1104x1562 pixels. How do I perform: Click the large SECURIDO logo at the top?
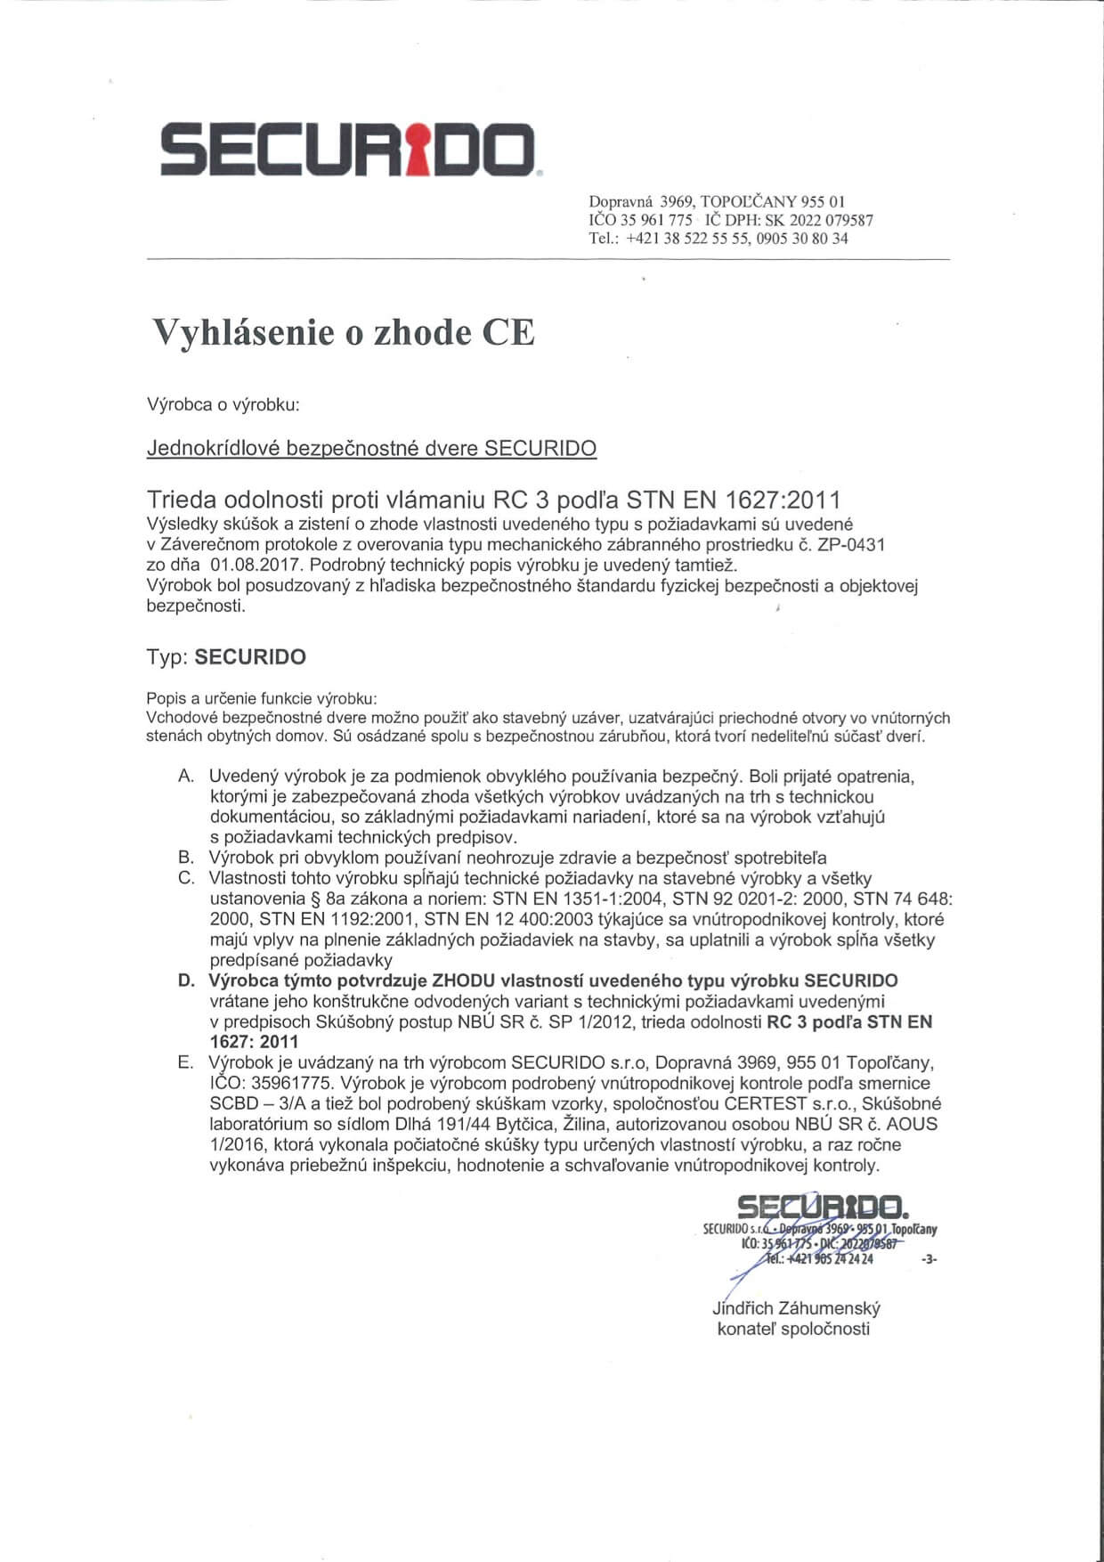click(348, 147)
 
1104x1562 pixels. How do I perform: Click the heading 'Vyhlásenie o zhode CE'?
click(345, 332)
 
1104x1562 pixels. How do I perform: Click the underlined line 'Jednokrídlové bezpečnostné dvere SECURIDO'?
click(371, 448)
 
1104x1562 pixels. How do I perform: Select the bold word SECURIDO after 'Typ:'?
click(250, 657)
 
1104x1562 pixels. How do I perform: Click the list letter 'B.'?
click(186, 858)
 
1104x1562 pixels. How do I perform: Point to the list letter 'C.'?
click(186, 879)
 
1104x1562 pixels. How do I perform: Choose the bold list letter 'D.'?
click(186, 981)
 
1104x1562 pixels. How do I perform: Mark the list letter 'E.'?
click(186, 1063)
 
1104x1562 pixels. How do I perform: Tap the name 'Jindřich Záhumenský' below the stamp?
click(796, 1309)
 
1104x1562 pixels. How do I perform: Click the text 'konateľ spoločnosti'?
click(793, 1330)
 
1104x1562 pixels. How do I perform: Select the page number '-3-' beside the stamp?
click(929, 1260)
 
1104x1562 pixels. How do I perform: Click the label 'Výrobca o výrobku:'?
click(223, 405)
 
